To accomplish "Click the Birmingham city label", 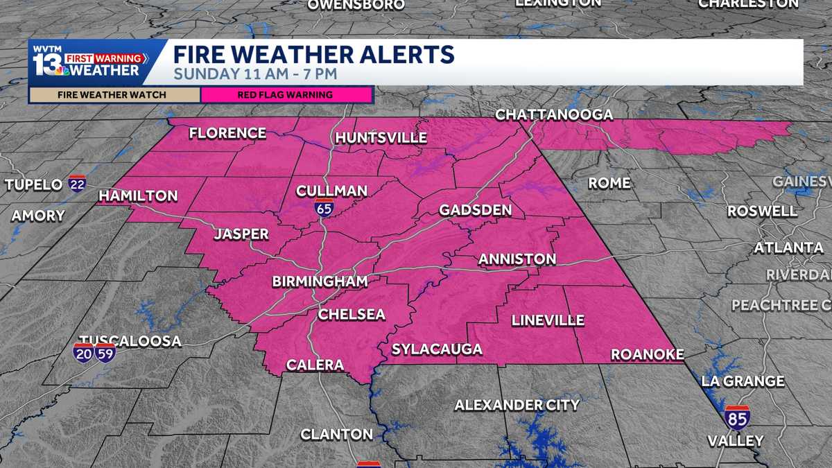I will (319, 281).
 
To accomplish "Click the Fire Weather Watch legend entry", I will (114, 94).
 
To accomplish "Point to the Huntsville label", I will (381, 138).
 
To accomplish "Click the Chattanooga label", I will (554, 115).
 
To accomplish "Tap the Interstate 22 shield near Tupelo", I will (77, 183).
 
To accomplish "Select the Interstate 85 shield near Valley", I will (737, 417).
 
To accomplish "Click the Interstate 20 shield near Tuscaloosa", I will (85, 352).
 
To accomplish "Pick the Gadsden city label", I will (476, 210).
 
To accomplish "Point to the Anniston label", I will (517, 259).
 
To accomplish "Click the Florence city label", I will (227, 133).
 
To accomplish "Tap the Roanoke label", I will (647, 354).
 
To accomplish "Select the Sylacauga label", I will (437, 349).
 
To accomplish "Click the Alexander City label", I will (517, 405).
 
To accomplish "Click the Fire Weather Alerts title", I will (313, 55).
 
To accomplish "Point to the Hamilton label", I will (138, 196).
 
